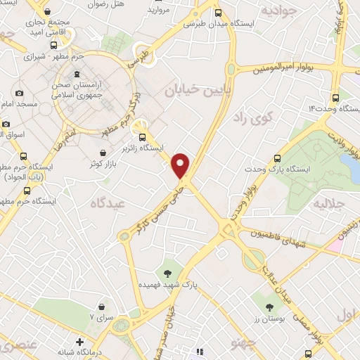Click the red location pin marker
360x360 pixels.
pos(181,164)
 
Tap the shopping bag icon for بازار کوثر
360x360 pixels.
pos(103,152)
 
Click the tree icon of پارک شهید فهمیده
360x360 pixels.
pos(167,272)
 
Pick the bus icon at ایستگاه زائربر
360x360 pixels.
pos(143,137)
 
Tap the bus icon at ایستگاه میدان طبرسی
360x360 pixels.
pos(218,13)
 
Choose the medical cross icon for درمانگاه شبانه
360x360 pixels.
pos(79,342)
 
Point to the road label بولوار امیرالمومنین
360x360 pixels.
pos(286,70)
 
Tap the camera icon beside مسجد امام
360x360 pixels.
pos(19,93)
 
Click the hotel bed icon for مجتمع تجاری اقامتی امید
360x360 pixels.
pos(47,12)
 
